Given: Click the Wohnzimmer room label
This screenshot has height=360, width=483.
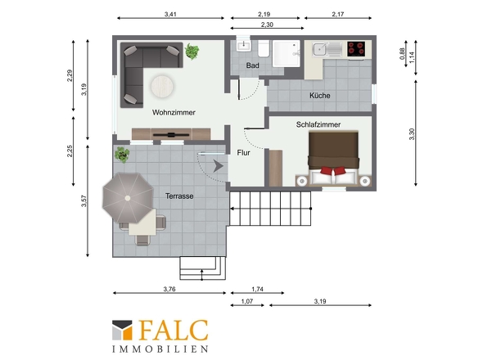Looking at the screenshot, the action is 174,112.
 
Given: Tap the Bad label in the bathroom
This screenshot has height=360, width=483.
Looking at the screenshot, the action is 253,65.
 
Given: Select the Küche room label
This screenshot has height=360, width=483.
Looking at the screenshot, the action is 320,96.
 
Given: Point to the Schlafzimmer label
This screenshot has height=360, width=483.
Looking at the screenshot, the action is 318,124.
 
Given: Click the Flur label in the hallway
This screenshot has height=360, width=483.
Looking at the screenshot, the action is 243,153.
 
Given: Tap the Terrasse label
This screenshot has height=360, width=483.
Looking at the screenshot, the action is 179,196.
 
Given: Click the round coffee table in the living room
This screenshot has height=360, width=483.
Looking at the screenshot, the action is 162,86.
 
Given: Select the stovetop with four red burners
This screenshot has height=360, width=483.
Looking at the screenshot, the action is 356,49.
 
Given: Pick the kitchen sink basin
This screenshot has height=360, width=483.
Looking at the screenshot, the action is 320,49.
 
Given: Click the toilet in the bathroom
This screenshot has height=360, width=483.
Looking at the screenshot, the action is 264,48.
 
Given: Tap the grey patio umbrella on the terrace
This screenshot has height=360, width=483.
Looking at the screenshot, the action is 129,198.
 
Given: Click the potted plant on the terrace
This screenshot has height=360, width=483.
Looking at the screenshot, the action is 122,155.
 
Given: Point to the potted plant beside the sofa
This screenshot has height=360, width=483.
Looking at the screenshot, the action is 192,51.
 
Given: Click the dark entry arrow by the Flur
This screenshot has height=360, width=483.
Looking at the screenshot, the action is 218,166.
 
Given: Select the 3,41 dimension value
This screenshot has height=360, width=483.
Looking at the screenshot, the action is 170,14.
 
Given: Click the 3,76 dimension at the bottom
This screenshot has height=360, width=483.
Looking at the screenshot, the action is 169,289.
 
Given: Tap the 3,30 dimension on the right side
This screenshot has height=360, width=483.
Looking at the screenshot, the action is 412,134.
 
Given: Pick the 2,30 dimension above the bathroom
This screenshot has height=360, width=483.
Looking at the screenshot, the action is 267,25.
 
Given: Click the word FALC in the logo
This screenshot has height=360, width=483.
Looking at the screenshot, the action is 174,330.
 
